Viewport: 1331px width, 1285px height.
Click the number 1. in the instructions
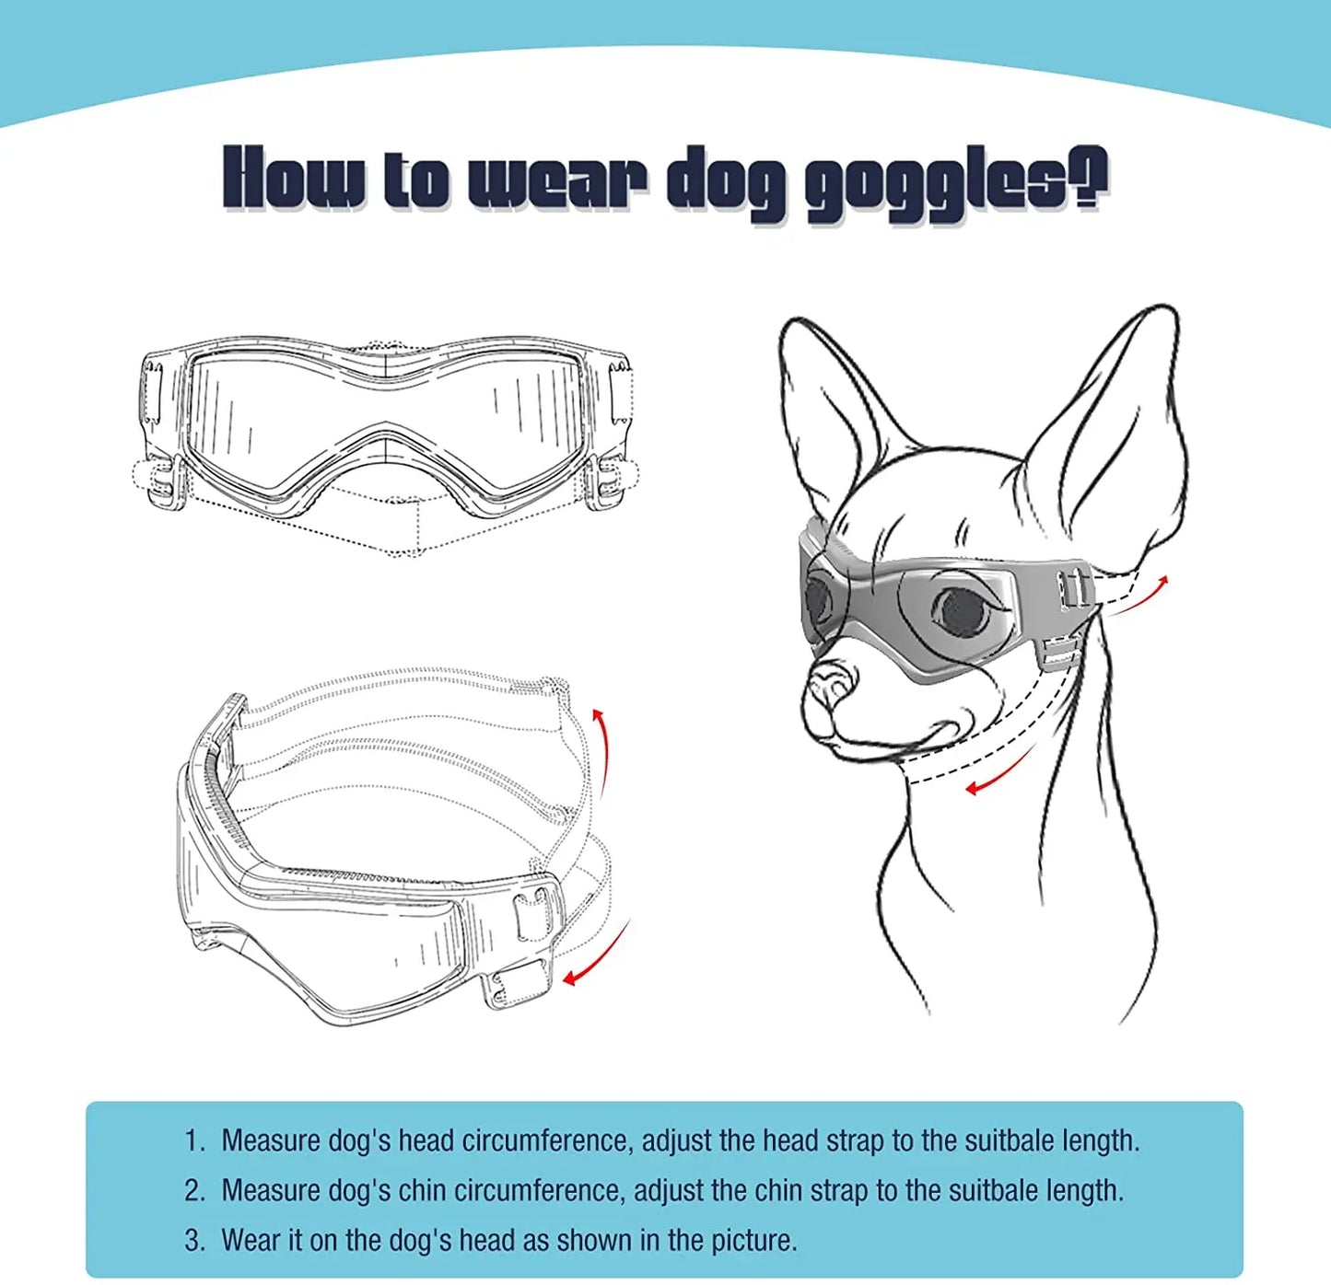click(194, 1140)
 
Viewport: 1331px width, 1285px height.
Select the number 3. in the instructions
click(194, 1240)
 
